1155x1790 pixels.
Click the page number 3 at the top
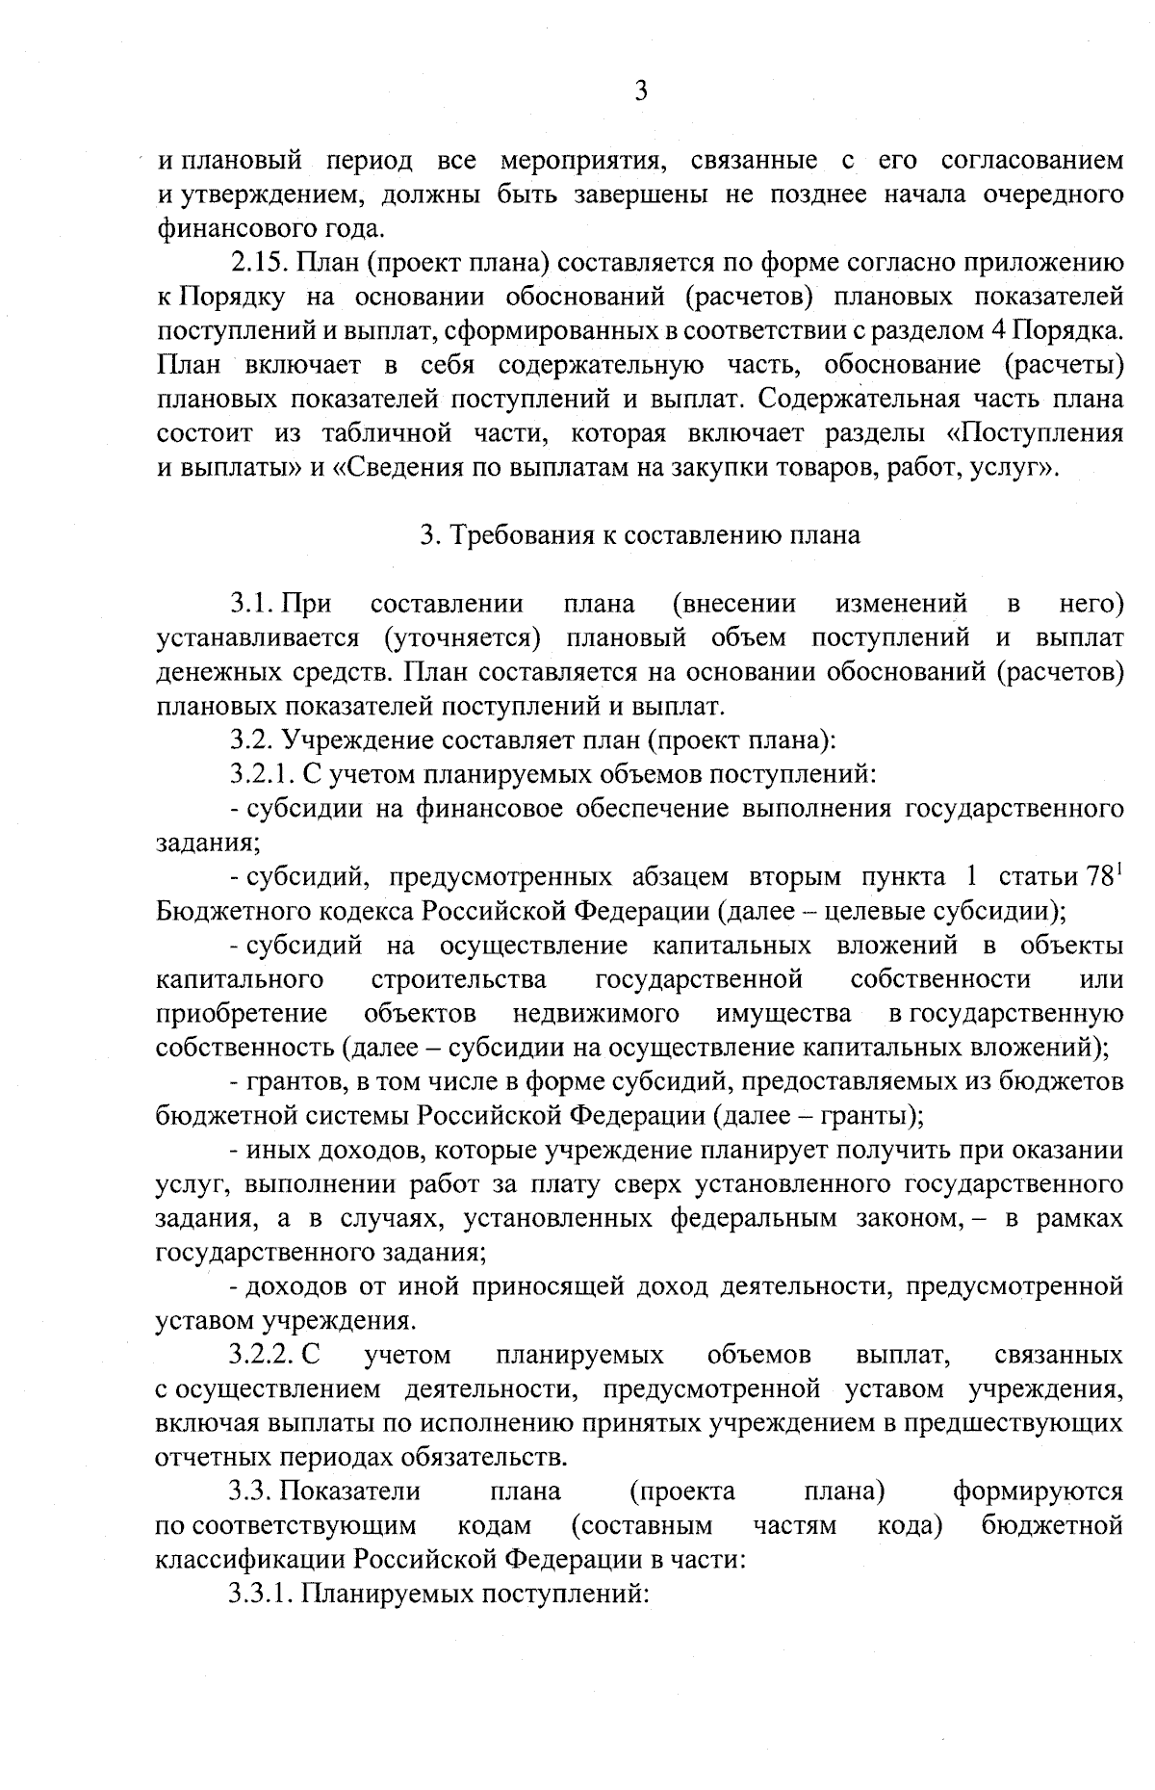[x=641, y=91]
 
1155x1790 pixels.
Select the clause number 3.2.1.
[x=264, y=772]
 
